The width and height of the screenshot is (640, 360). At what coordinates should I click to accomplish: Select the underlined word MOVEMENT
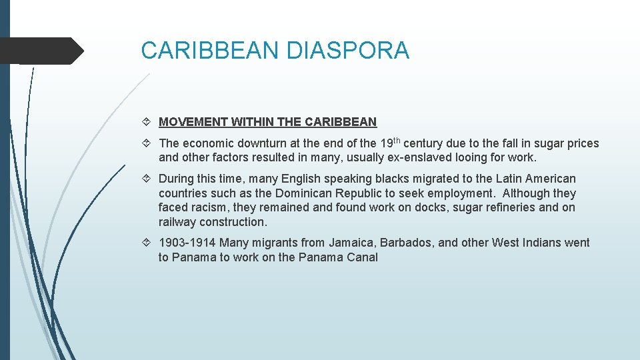point(193,122)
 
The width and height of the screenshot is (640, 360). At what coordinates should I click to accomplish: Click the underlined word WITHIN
point(251,122)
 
